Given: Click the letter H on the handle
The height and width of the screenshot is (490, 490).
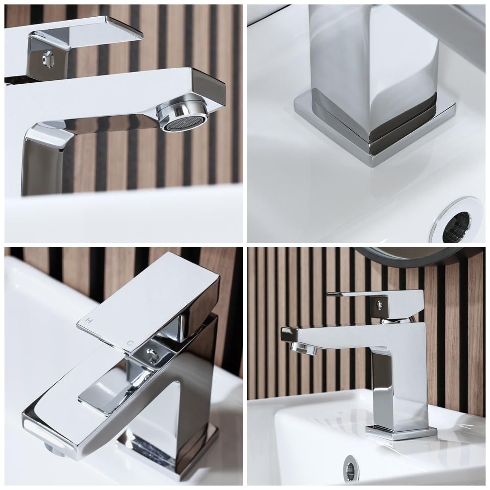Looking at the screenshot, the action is [89, 320].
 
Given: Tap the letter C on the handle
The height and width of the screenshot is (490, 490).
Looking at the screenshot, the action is [131, 343].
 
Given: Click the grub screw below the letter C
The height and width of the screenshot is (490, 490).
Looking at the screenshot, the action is [151, 356].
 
